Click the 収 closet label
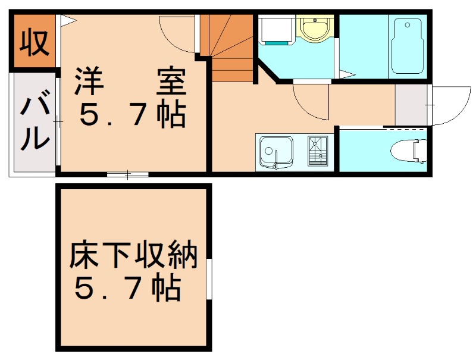click(x=35, y=43)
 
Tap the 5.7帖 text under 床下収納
click(x=127, y=289)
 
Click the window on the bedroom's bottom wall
click(x=128, y=174)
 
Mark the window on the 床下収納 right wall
click(x=209, y=279)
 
